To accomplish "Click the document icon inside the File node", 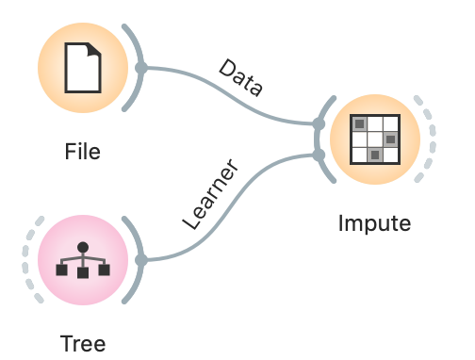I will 82,68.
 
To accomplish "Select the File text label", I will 82,151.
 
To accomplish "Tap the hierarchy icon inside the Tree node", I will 82,259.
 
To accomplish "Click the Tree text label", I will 82,343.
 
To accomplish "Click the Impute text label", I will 375,223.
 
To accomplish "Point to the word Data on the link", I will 241,78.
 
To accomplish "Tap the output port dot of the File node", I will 140,68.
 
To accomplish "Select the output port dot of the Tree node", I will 140,259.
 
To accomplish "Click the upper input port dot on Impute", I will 319,123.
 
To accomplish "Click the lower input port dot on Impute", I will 319,154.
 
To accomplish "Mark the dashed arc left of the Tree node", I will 29,259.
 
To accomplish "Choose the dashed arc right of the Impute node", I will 430,139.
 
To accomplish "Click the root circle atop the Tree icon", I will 82,247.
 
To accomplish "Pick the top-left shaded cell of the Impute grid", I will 359,123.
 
